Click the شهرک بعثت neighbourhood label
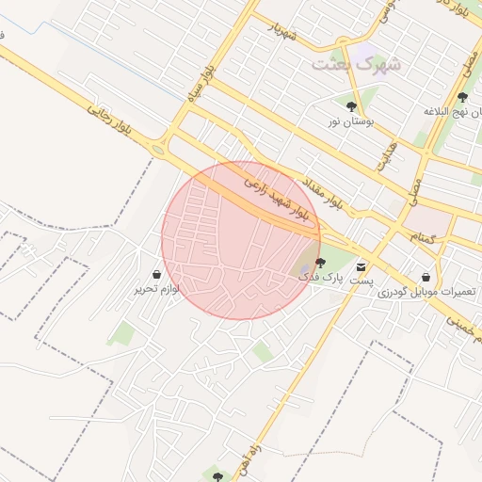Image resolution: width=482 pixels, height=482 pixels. (356, 64)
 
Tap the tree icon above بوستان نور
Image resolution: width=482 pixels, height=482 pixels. (351, 106)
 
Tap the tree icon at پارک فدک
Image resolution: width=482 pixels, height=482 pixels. (320, 263)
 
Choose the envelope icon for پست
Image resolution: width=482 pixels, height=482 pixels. (361, 266)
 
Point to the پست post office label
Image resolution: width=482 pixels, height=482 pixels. (362, 281)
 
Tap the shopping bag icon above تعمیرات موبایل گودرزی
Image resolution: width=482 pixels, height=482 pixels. (428, 277)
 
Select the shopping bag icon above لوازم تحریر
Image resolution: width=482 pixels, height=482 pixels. (156, 274)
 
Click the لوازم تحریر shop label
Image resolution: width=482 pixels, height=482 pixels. (156, 289)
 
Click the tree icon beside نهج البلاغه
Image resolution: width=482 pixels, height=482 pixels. (461, 96)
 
